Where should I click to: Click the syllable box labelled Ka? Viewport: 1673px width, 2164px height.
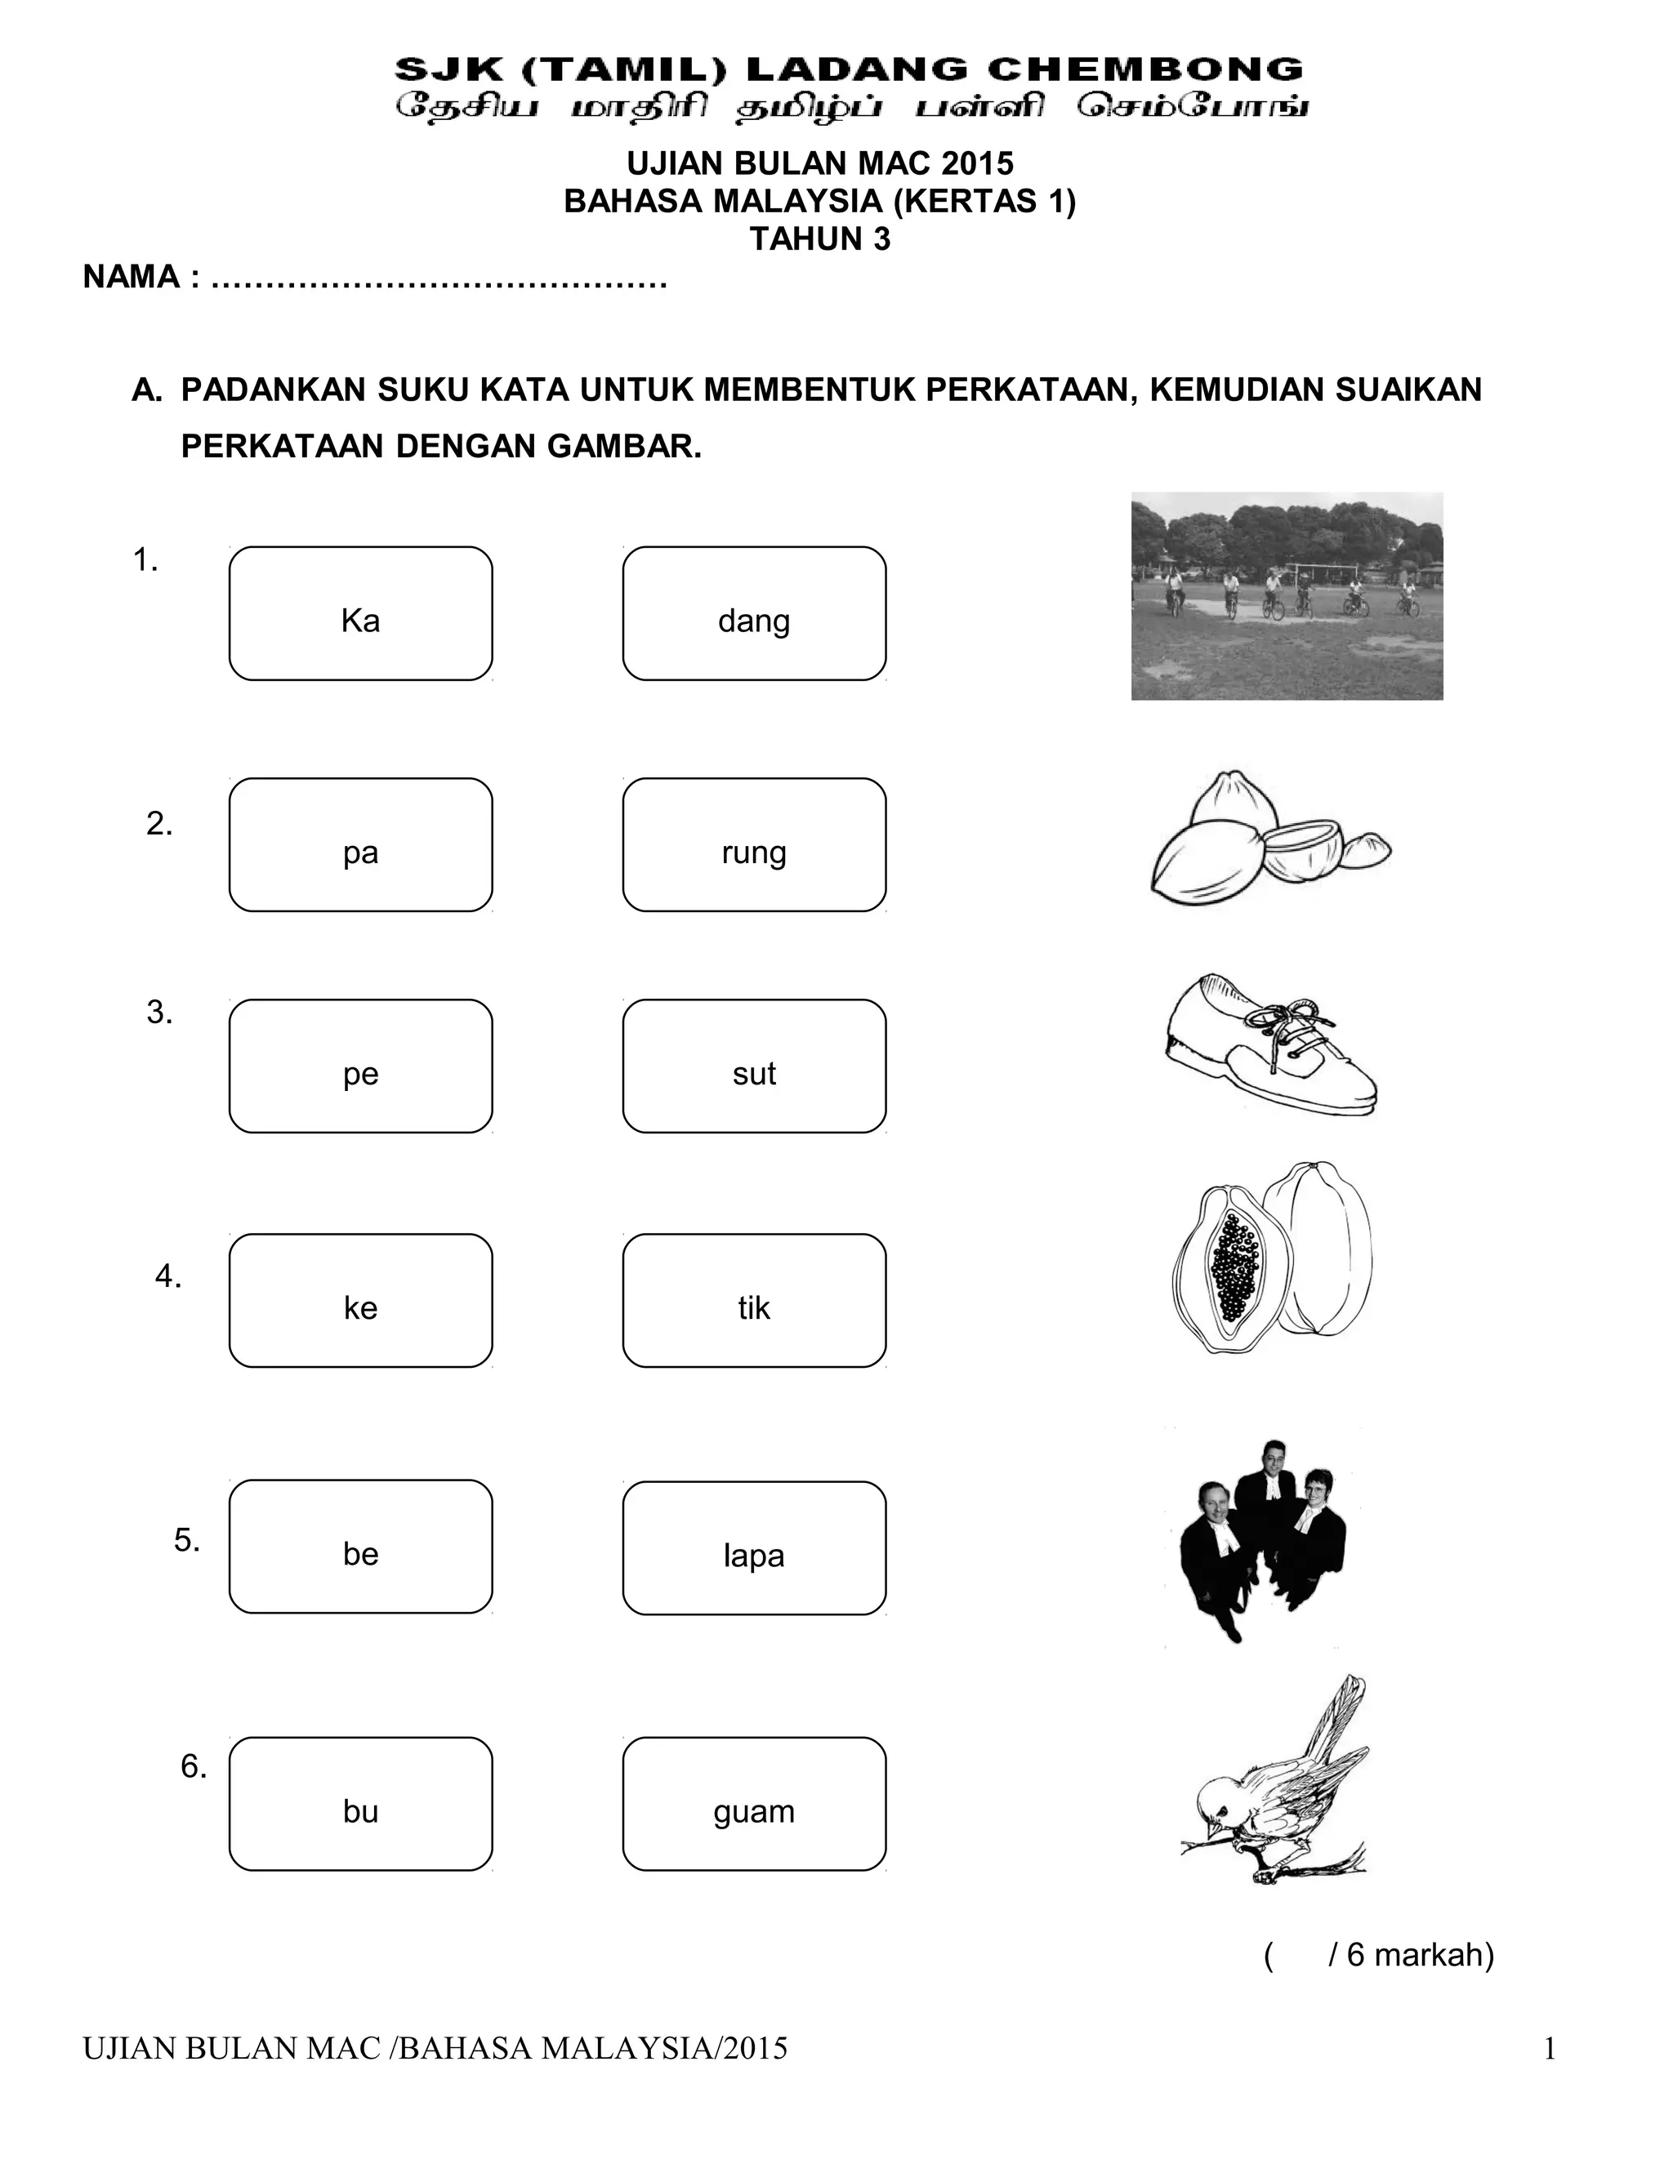coord(361,613)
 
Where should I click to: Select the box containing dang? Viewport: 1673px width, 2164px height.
coord(754,613)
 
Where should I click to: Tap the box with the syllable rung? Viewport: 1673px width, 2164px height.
coord(754,845)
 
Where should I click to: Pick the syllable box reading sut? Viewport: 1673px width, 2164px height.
coord(754,1066)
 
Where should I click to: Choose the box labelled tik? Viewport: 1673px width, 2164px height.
coord(754,1301)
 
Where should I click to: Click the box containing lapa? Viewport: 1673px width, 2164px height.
coord(754,1547)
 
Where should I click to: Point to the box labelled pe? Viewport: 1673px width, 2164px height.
coord(361,1066)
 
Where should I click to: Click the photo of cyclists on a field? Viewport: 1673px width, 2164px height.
coord(1287,596)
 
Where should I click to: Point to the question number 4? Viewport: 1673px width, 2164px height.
coord(167,1276)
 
